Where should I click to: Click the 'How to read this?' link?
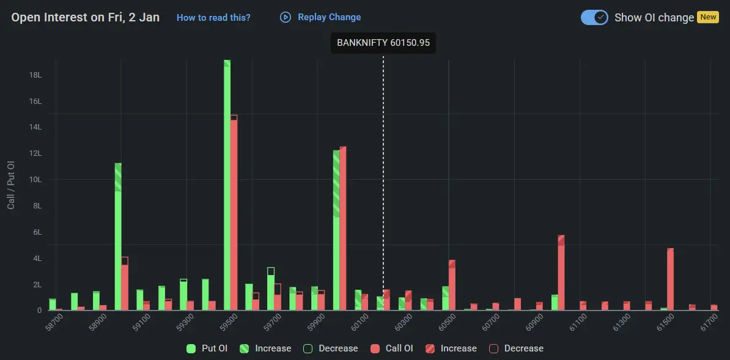213,18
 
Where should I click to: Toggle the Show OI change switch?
594,17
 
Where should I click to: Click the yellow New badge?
708,17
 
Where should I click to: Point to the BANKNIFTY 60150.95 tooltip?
383,43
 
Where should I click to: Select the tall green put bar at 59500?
227,183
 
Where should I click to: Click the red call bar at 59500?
234,214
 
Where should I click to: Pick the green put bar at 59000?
118,238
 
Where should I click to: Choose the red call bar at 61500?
670,279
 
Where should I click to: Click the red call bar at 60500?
452,285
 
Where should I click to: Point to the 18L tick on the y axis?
35,75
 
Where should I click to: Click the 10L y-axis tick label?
35,180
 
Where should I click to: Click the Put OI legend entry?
207,348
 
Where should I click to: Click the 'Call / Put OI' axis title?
11,185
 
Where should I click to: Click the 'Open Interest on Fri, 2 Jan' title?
86,17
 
